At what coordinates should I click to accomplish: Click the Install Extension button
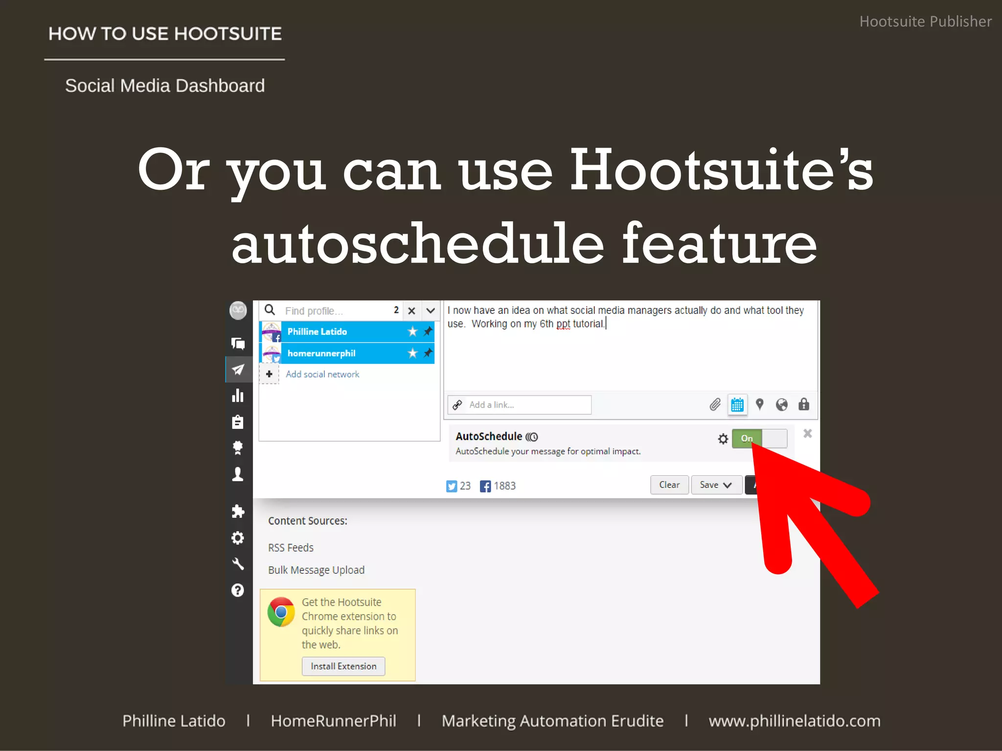point(343,666)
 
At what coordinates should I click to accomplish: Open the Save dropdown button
point(716,485)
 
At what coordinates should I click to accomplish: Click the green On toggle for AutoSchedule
point(747,438)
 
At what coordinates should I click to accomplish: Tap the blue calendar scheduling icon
point(737,405)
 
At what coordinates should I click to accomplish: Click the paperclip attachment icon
point(715,405)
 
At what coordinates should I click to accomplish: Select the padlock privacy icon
point(804,404)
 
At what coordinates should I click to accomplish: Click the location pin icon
point(759,404)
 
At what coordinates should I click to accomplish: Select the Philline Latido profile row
point(342,331)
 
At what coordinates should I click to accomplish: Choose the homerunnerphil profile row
point(342,353)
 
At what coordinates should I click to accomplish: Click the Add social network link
point(322,374)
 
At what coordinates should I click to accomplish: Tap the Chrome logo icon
point(281,612)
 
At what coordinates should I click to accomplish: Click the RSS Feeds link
point(291,548)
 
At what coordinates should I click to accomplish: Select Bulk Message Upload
point(316,570)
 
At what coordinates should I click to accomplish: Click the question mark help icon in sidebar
point(238,590)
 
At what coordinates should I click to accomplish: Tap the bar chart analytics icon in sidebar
point(238,396)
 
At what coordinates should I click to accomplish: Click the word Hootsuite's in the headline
point(721,170)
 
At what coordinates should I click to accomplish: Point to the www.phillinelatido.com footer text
point(794,721)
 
